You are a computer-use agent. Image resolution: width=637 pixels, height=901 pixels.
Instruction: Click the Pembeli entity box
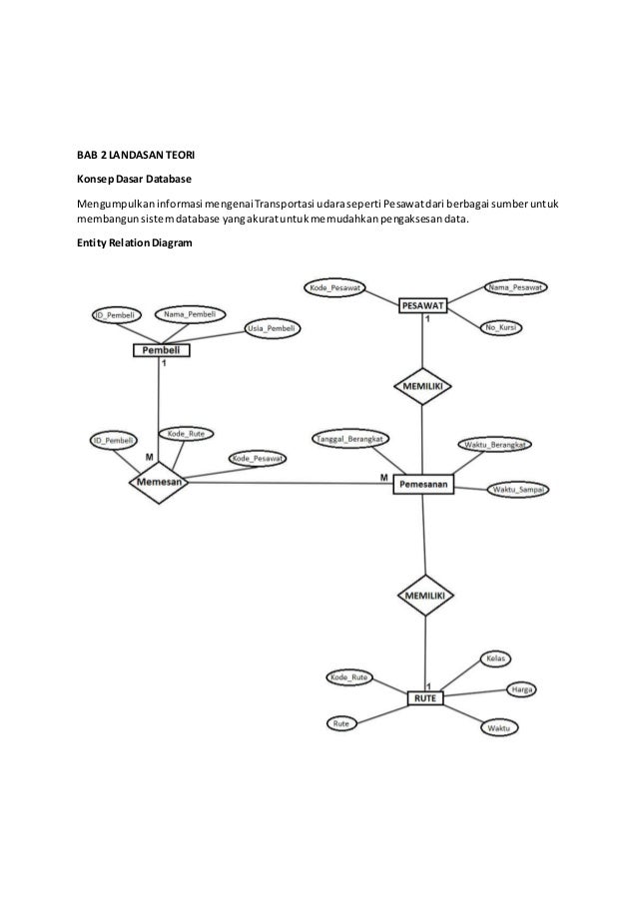click(160, 350)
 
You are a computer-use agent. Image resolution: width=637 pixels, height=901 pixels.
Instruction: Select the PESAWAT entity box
click(423, 304)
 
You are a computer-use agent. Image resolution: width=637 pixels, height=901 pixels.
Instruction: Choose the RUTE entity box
click(425, 697)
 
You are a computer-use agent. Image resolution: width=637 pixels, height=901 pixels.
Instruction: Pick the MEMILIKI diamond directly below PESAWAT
click(423, 385)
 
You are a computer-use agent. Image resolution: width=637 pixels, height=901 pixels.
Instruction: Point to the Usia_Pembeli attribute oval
click(271, 328)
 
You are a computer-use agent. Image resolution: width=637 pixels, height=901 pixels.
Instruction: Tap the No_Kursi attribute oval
click(504, 327)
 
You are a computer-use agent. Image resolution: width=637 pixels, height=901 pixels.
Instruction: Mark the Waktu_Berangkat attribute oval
click(495, 445)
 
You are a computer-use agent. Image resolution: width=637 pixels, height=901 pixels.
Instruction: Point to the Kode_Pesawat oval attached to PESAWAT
click(335, 288)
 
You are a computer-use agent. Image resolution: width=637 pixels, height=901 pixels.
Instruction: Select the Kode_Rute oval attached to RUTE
click(349, 677)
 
